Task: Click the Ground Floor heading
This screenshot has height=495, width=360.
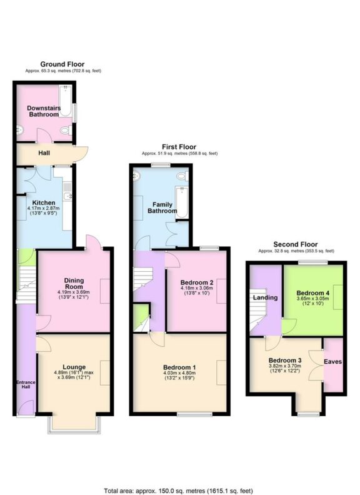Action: tap(62, 64)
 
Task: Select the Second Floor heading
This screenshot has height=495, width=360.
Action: tap(296, 244)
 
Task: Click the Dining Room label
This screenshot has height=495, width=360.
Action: tap(74, 284)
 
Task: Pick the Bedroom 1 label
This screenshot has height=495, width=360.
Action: tap(179, 367)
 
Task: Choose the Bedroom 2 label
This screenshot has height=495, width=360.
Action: tap(197, 282)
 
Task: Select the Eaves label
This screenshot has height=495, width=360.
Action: tap(332, 361)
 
